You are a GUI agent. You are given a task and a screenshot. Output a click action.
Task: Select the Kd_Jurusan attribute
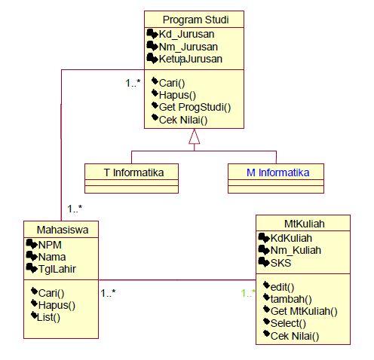pos(186,34)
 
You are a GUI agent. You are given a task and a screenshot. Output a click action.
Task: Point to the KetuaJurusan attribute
pos(190,58)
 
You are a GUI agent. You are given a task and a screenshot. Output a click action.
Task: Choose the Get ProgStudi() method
pos(195,107)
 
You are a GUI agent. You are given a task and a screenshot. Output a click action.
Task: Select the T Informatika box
pos(132,172)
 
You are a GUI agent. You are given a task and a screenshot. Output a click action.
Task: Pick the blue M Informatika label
pos(278,172)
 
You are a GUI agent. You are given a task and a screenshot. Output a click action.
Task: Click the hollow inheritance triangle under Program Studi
pos(194,136)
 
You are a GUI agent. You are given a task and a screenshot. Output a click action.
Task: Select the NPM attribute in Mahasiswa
pos(50,244)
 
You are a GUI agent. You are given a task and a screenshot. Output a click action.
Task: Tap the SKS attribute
pos(282,262)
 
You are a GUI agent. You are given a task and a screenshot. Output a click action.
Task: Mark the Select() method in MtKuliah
pos(288,323)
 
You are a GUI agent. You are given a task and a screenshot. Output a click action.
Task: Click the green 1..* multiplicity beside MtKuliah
pos(248,294)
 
